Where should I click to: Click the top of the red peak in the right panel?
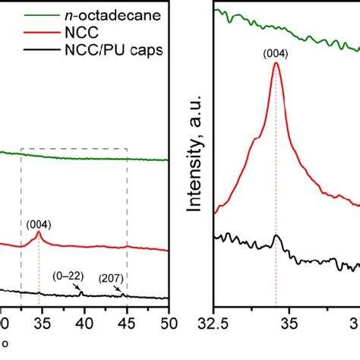pyautogui.click(x=276, y=65)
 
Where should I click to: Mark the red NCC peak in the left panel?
pyautogui.click(x=39, y=234)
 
